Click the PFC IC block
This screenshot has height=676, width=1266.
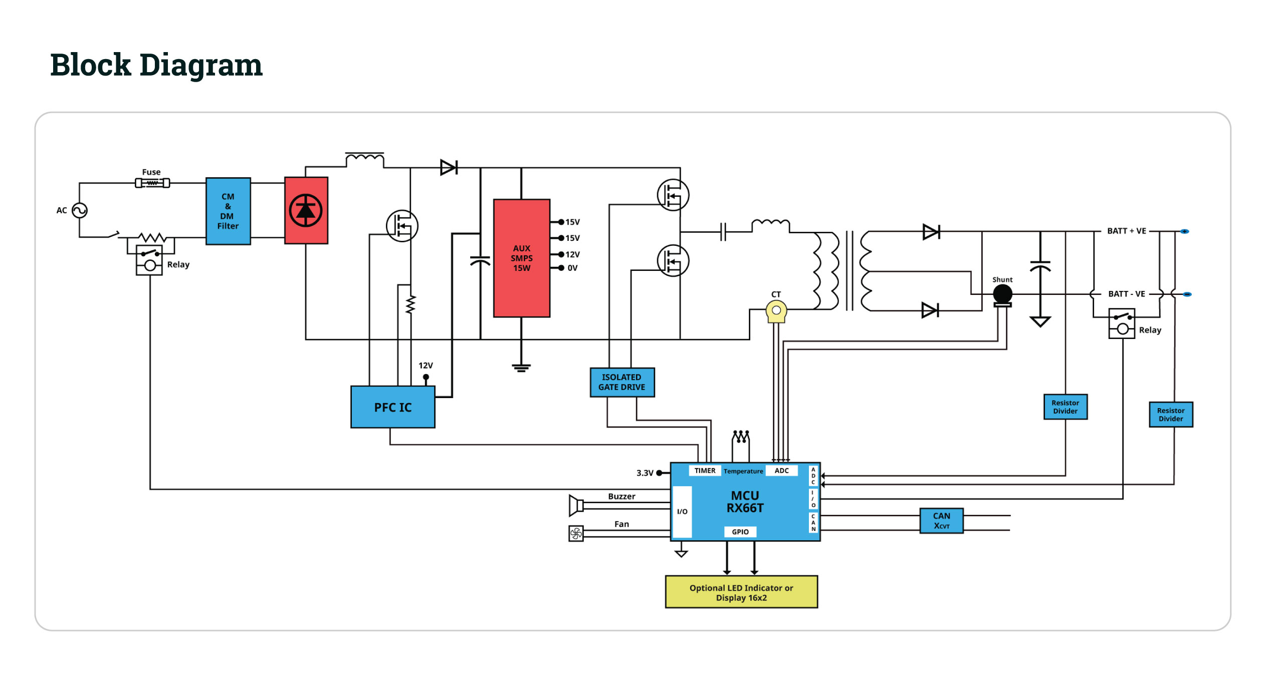pyautogui.click(x=393, y=407)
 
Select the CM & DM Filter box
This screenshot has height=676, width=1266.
pyautogui.click(x=228, y=211)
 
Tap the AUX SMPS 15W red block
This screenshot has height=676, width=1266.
pyautogui.click(x=522, y=258)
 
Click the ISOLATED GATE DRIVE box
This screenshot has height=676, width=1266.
pyautogui.click(x=622, y=382)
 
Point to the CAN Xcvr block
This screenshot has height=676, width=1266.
pyautogui.click(x=941, y=520)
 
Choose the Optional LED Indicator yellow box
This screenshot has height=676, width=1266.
pyautogui.click(x=741, y=592)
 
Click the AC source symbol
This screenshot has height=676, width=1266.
pyautogui.click(x=80, y=210)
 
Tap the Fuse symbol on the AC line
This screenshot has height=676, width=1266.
pyautogui.click(x=152, y=183)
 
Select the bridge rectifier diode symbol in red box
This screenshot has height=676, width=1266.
pyautogui.click(x=306, y=210)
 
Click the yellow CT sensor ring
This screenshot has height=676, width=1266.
pyautogui.click(x=776, y=311)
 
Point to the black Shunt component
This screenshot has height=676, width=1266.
pyautogui.click(x=1002, y=294)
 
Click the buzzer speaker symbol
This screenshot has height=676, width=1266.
pyautogui.click(x=576, y=505)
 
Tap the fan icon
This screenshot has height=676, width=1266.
pyautogui.click(x=576, y=533)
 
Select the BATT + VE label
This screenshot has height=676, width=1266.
pyautogui.click(x=1127, y=231)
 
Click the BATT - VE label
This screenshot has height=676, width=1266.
pyautogui.click(x=1127, y=294)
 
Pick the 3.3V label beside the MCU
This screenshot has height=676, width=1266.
pyautogui.click(x=645, y=473)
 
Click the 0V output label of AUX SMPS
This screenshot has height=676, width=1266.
pyautogui.click(x=572, y=268)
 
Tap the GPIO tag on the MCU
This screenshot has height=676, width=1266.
pyautogui.click(x=740, y=532)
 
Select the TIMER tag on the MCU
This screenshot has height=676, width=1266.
pyautogui.click(x=705, y=471)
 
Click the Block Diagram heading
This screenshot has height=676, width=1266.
pyautogui.click(x=156, y=65)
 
